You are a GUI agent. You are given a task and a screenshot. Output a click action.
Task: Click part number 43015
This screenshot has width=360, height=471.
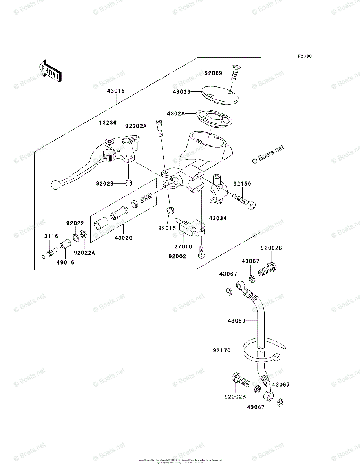(116, 91)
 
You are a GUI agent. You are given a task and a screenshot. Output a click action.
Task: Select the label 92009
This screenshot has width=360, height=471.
(214, 73)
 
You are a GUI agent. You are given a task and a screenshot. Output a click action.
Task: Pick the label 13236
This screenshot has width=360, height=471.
(107, 123)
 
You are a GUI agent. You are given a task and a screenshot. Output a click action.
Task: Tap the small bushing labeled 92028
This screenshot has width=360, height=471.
(128, 183)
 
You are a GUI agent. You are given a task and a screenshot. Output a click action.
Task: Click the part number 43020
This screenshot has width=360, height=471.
(123, 238)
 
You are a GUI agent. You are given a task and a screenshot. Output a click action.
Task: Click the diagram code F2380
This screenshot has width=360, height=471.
(304, 56)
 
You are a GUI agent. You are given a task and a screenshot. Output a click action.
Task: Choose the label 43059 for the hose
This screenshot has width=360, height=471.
(236, 321)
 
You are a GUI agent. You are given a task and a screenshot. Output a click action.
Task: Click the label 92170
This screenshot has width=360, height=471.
(222, 349)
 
